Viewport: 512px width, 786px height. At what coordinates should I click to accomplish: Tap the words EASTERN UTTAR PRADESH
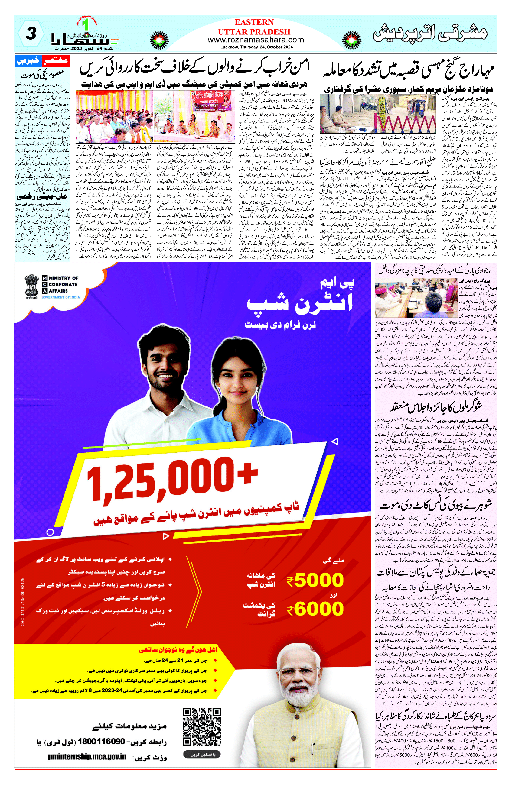click(254, 27)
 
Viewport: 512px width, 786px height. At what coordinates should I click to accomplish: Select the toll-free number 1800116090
click(101, 741)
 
